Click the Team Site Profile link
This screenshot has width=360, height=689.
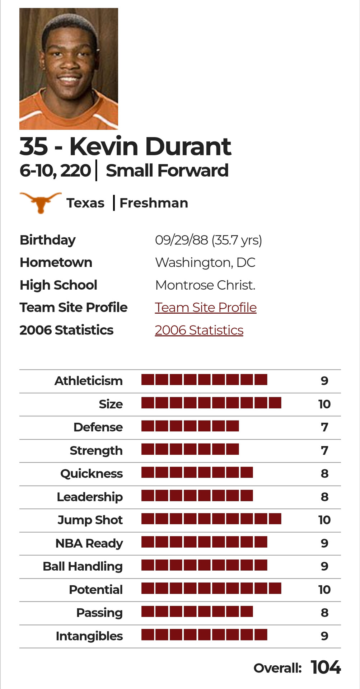[x=206, y=308]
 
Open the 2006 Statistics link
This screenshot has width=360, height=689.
[x=199, y=330]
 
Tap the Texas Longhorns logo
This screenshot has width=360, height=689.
[x=40, y=202]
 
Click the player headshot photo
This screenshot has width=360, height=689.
[x=69, y=69]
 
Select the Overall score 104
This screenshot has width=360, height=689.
[x=326, y=667]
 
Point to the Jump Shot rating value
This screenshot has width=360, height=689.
[x=324, y=520]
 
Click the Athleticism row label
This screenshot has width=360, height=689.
[x=88, y=381]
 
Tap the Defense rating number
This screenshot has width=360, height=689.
[x=324, y=427]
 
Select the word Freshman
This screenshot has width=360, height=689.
[x=154, y=203]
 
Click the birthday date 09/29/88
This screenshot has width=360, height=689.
[x=181, y=240]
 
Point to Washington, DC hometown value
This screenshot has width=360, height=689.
[x=205, y=263]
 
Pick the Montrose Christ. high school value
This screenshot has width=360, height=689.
[x=205, y=285]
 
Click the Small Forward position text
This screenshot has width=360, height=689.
[x=167, y=170]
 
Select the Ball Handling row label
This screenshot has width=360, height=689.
[x=83, y=566]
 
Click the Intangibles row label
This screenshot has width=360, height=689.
[x=89, y=636]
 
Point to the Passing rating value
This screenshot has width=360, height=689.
[x=324, y=613]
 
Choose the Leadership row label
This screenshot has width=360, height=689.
[x=90, y=497]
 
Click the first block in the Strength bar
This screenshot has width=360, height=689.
[x=148, y=449]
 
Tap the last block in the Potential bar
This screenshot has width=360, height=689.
[x=275, y=588]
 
